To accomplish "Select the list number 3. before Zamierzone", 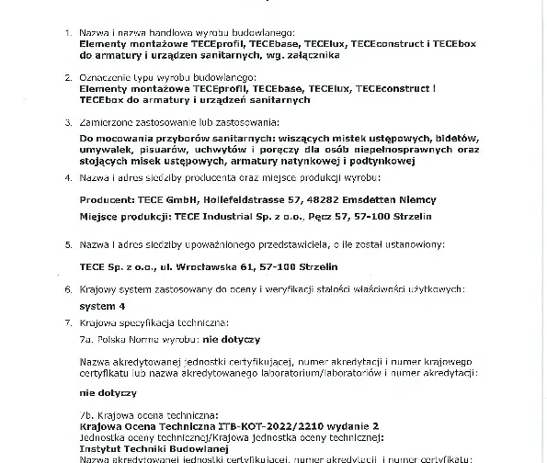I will pos(66,121).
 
